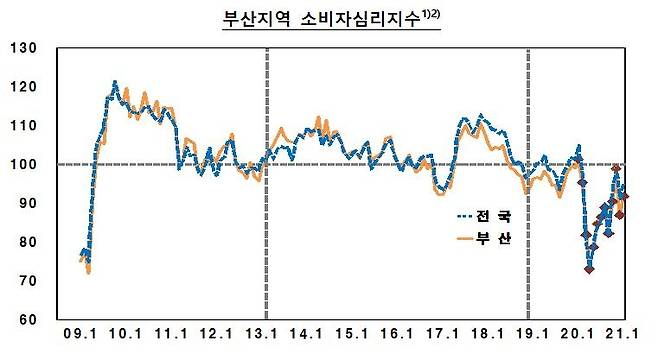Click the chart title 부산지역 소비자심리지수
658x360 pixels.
tap(315, 19)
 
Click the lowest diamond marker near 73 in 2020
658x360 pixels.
tap(589, 269)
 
